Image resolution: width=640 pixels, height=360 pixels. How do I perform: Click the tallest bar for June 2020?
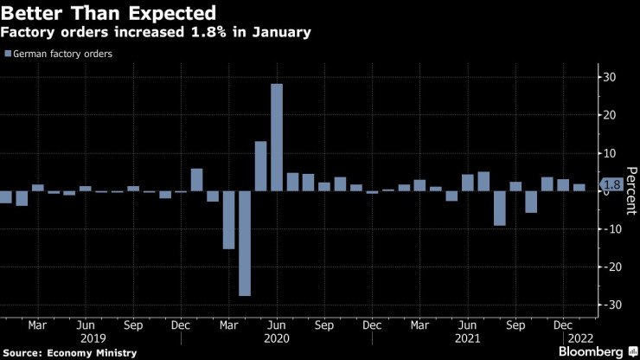tap(277, 137)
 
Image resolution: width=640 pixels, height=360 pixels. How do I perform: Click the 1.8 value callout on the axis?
tap(611, 185)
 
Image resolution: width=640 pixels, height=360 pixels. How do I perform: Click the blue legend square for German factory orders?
tap(8, 54)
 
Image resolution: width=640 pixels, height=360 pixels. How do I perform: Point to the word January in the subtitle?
tap(281, 32)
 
